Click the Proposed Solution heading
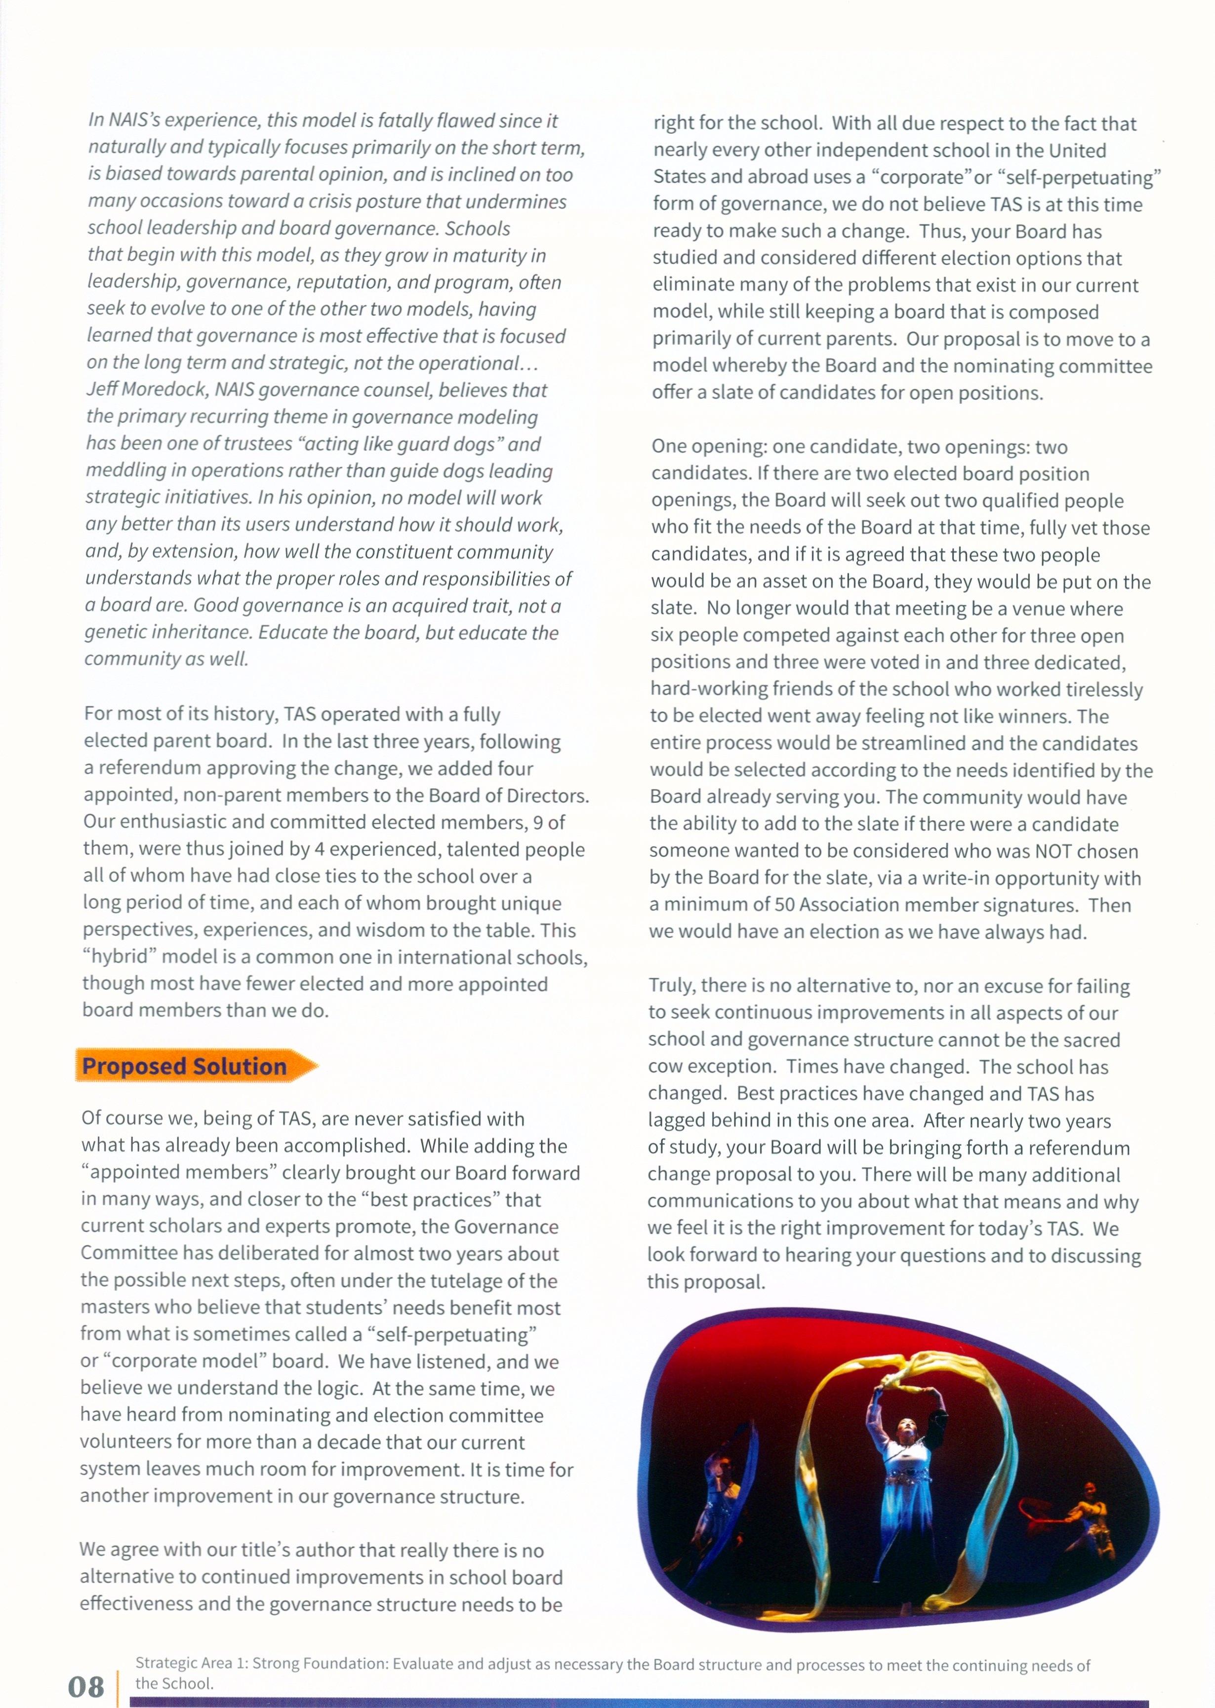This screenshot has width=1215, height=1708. pyautogui.click(x=184, y=1066)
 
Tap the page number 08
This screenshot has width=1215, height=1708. pyautogui.click(x=86, y=1686)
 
